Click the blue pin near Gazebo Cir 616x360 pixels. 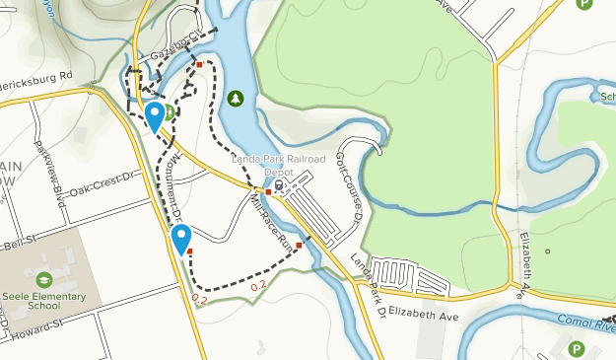point(155,116)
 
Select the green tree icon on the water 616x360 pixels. point(235,98)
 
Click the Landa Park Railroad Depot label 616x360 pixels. point(265,165)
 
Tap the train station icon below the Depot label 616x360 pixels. point(280,182)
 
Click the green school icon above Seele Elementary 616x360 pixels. point(44,279)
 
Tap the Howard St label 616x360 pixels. point(39,327)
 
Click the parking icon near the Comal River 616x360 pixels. point(577,348)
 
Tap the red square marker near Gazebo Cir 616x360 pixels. point(199,65)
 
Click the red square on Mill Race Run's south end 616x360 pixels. point(299,245)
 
